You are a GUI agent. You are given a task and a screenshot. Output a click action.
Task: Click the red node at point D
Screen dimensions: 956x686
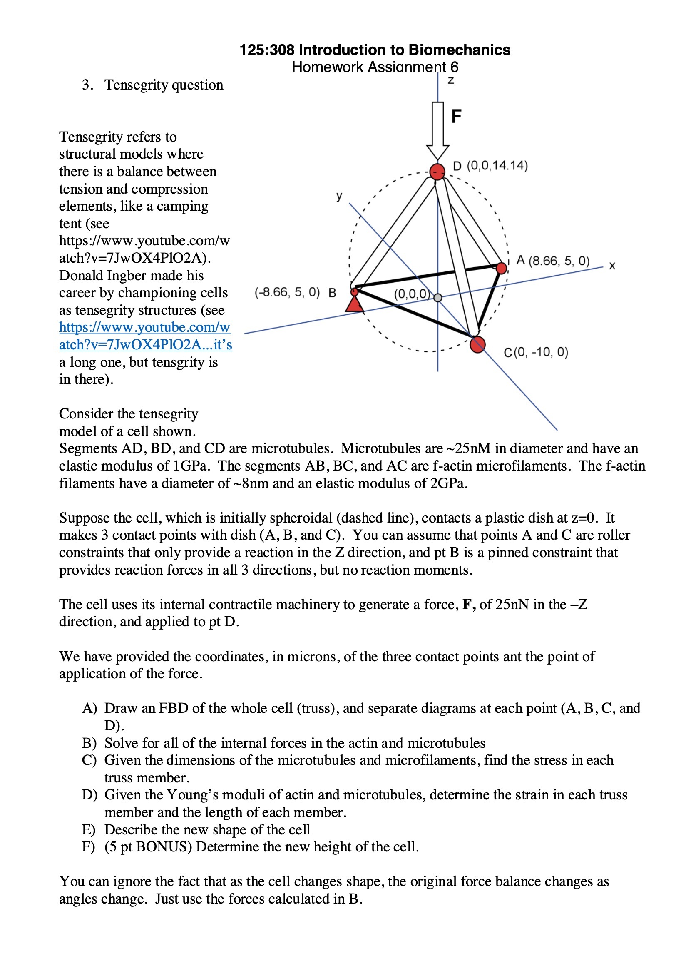tap(437, 172)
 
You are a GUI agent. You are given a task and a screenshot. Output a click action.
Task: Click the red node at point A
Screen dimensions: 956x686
tap(501, 268)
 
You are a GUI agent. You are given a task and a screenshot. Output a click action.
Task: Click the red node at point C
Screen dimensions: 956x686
tap(477, 344)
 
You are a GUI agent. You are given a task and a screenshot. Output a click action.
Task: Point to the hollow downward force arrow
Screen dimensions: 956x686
tap(437, 131)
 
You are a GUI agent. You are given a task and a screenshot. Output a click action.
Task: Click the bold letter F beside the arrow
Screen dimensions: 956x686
tap(456, 116)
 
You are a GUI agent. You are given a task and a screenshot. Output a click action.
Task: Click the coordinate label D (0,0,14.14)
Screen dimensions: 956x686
tap(490, 166)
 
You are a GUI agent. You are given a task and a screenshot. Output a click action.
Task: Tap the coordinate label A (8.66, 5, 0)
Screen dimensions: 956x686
tap(553, 261)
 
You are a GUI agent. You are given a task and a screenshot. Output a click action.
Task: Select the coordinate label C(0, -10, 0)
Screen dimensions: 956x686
tap(536, 352)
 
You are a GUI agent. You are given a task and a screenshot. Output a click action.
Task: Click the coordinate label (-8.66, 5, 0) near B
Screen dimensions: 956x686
tap(287, 292)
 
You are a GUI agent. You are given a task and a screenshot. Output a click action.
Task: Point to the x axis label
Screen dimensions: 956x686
tap(612, 266)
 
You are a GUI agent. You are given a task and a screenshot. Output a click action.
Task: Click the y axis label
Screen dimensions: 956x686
tap(339, 196)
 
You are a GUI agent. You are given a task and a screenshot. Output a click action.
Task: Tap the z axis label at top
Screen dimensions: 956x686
tap(451, 80)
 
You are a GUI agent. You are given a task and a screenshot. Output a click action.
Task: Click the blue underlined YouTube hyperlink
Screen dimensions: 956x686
tap(145, 336)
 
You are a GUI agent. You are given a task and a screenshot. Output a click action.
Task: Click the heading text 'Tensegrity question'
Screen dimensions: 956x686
tap(164, 85)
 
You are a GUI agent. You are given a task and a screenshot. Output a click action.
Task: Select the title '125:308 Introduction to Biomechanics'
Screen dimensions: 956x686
tap(375, 50)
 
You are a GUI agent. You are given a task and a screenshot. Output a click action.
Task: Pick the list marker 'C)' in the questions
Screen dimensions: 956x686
tap(89, 760)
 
